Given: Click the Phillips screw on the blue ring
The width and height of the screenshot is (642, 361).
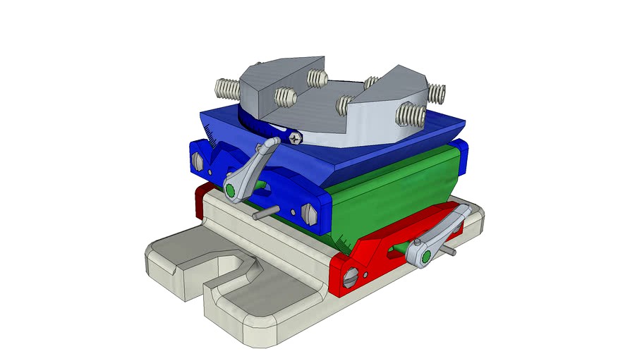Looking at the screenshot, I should coord(294,137).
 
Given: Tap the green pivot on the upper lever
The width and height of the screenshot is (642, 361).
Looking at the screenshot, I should coord(231,189).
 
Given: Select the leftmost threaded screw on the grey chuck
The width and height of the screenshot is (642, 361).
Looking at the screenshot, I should coord(227,88).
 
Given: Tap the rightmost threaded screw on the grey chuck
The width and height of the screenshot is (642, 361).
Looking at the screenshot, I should coord(437,92).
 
